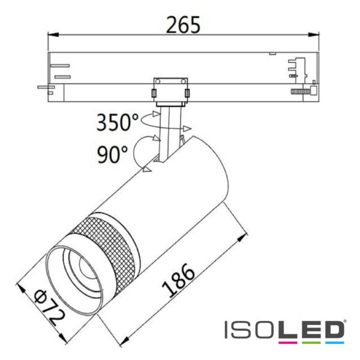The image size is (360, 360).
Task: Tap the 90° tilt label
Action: (x=110, y=155)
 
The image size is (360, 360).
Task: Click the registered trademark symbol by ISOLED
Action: (x=345, y=322)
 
